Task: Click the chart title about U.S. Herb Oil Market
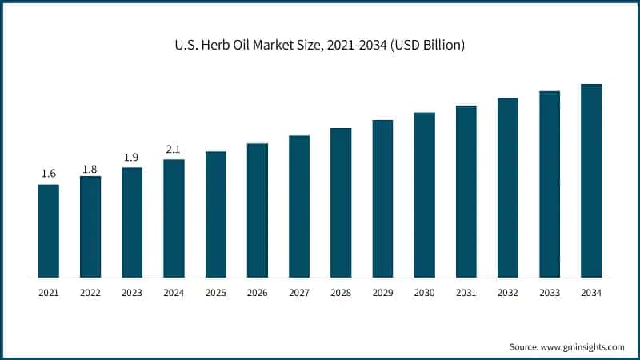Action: click(320, 46)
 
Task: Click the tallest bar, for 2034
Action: click(591, 180)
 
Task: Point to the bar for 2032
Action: click(508, 187)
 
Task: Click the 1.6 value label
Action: click(49, 174)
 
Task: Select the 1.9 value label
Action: click(132, 158)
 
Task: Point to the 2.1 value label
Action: click(174, 149)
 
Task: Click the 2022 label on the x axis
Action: click(90, 294)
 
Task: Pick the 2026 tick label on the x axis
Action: click(258, 294)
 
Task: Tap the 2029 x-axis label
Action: click(382, 294)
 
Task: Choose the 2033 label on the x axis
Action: click(550, 294)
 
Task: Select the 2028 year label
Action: click(341, 294)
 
